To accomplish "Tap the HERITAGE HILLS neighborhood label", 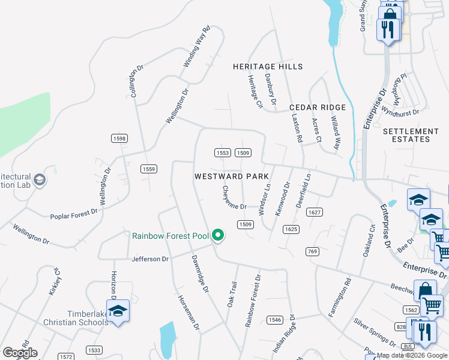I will [268, 67].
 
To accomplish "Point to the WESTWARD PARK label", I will [231, 176].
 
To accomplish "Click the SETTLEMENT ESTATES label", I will [411, 135].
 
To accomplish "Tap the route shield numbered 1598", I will [119, 139].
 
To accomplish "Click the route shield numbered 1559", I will [149, 169].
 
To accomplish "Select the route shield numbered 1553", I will [223, 153].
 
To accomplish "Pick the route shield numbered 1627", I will [315, 212].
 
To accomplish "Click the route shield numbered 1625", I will [291, 229].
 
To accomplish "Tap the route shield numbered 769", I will [312, 251].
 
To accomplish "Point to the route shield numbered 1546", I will [275, 320].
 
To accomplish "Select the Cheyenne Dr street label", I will [234, 197].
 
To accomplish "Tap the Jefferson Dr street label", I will [150, 259].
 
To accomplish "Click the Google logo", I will [20, 353].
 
